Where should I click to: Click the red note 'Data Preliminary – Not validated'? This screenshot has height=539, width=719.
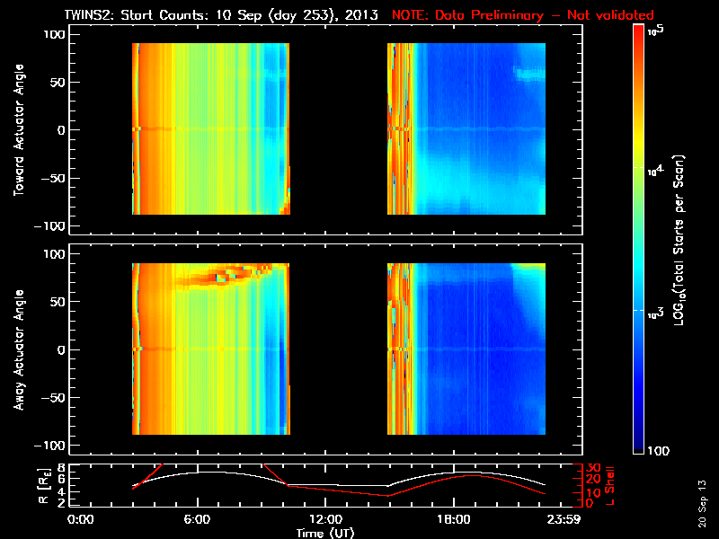tap(523, 15)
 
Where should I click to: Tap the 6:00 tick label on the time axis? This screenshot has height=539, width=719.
tap(197, 520)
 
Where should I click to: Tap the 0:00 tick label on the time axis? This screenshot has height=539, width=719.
tap(81, 520)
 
